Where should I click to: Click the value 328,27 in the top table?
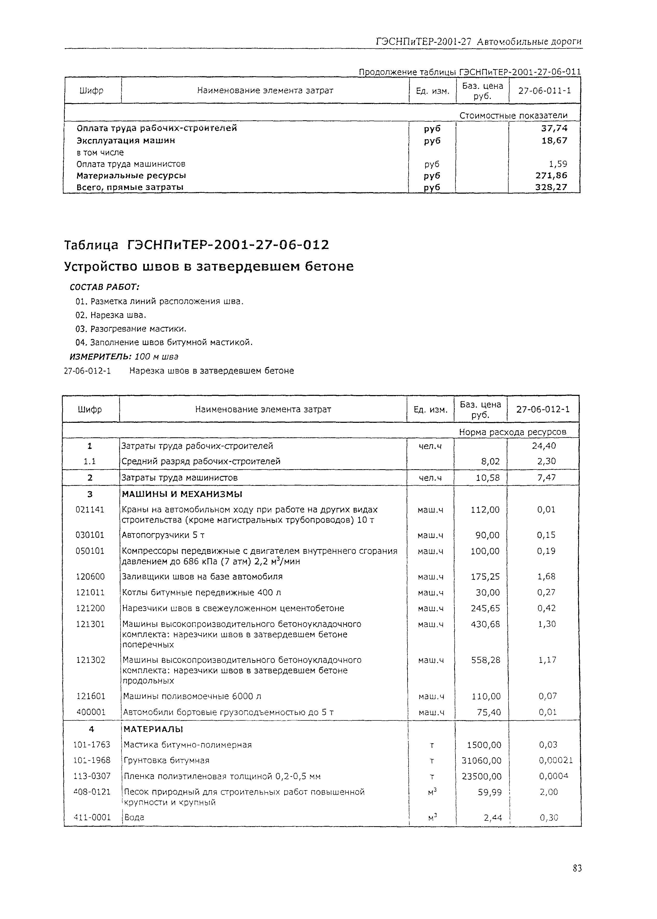pyautogui.click(x=551, y=187)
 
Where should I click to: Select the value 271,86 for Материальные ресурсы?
pyautogui.click(x=551, y=175)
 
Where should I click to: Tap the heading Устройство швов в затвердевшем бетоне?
pyautogui.click(x=209, y=266)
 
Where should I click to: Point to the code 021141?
pyautogui.click(x=90, y=510)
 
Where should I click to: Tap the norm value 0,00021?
pyautogui.click(x=555, y=761)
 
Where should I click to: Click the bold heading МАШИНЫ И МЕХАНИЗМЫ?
pyautogui.click(x=182, y=494)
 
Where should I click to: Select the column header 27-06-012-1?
pyautogui.click(x=543, y=409)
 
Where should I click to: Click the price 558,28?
pyautogui.click(x=485, y=660)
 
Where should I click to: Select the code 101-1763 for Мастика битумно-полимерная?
pyautogui.click(x=92, y=745)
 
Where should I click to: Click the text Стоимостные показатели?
pyautogui.click(x=513, y=115)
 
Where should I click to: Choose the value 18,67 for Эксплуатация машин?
pyautogui.click(x=554, y=141)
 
